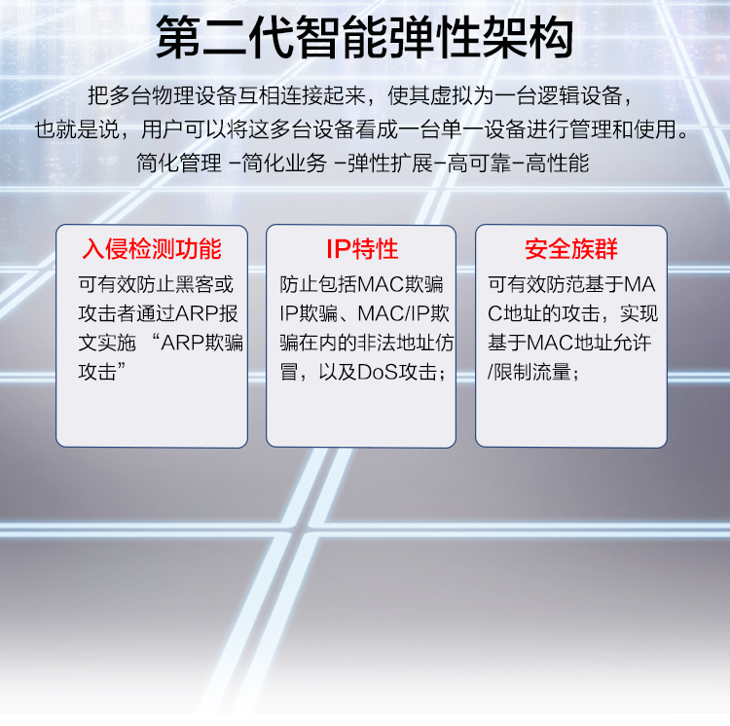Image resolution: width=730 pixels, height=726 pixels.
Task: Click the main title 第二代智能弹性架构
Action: (x=365, y=37)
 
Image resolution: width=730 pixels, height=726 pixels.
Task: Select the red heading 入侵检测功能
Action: (x=152, y=248)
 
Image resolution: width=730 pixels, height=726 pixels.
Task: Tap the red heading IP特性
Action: (x=362, y=248)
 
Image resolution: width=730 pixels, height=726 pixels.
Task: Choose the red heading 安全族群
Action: (x=571, y=248)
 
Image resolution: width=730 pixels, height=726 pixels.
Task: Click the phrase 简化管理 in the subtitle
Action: (x=179, y=163)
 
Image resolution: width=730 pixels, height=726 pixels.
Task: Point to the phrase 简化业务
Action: (x=284, y=163)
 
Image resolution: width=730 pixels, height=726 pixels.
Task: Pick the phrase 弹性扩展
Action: (x=390, y=163)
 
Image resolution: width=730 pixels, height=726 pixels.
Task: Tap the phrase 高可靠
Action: (x=479, y=163)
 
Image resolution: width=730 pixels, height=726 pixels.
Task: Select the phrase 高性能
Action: (x=558, y=163)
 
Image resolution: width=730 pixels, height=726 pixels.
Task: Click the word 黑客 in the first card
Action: (x=194, y=284)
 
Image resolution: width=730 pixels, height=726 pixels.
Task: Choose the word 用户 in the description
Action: (x=162, y=128)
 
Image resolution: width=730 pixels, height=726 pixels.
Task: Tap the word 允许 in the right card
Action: (x=632, y=343)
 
